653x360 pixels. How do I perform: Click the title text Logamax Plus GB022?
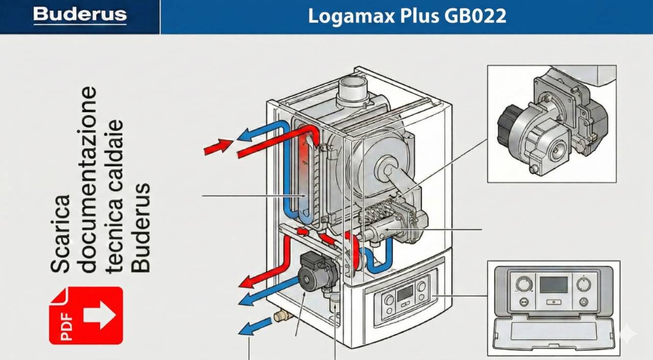point(407,16)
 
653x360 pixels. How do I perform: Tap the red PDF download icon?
point(86,315)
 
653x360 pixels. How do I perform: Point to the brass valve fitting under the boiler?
point(283,315)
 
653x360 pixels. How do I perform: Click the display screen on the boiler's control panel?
point(405,293)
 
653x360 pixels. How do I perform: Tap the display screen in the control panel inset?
point(554,285)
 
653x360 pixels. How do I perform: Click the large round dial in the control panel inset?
point(523,284)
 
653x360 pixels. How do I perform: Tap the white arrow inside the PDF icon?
point(99,315)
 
